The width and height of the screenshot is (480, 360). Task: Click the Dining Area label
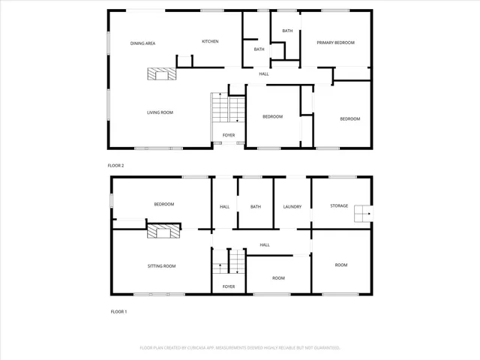pyautogui.click(x=142, y=43)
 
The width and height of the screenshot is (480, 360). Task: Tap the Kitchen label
pyautogui.click(x=210, y=41)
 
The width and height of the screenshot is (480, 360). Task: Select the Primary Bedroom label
pyautogui.click(x=334, y=43)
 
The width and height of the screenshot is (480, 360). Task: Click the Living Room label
pyautogui.click(x=160, y=112)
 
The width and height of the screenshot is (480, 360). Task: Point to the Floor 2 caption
pyautogui.click(x=115, y=165)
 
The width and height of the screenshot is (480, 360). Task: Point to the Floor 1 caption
pyautogui.click(x=118, y=311)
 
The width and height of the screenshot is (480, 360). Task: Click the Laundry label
pyautogui.click(x=292, y=207)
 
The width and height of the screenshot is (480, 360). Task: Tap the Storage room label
pyautogui.click(x=339, y=205)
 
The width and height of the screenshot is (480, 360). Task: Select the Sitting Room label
pyautogui.click(x=161, y=266)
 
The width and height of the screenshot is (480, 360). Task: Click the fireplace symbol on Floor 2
pyautogui.click(x=160, y=73)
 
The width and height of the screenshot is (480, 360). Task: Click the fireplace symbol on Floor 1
pyautogui.click(x=163, y=232)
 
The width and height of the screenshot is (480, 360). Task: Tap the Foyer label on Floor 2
pyautogui.click(x=229, y=136)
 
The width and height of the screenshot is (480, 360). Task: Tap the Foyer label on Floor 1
pyautogui.click(x=229, y=286)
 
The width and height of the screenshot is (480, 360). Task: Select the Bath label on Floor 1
pyautogui.click(x=255, y=207)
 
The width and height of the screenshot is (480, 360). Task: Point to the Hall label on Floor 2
pyautogui.click(x=264, y=73)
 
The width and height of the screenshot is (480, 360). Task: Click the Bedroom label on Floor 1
pyautogui.click(x=164, y=204)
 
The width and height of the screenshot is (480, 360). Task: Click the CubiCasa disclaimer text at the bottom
pyautogui.click(x=240, y=348)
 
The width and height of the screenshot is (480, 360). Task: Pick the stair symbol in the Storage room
pyautogui.click(x=363, y=214)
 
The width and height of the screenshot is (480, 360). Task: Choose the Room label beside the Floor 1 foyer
pyautogui.click(x=278, y=278)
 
